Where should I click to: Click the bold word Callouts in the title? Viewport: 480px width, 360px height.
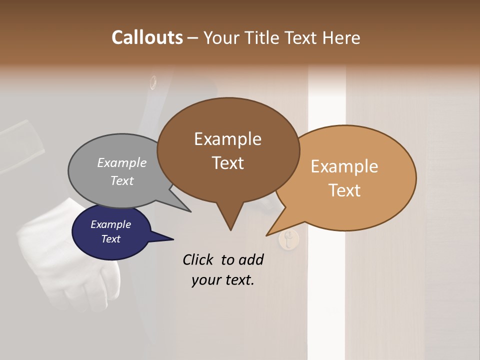point(147,37)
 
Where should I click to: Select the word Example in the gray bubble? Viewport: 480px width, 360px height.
point(121,162)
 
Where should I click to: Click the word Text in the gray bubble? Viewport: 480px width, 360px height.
point(121,180)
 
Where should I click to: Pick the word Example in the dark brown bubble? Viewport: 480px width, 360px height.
point(227,139)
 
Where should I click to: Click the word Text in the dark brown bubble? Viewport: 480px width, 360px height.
point(227,163)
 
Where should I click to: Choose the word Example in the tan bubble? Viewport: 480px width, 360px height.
point(344,166)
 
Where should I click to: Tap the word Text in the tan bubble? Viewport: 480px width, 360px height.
point(344,190)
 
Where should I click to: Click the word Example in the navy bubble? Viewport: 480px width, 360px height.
point(110,224)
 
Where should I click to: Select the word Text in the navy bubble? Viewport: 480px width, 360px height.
point(110,239)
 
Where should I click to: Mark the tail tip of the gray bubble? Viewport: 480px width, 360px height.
point(190,211)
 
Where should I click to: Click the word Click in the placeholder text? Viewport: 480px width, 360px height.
point(199,259)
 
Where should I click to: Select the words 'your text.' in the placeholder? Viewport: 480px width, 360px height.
point(222,280)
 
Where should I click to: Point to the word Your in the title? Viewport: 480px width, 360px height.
point(220,38)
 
